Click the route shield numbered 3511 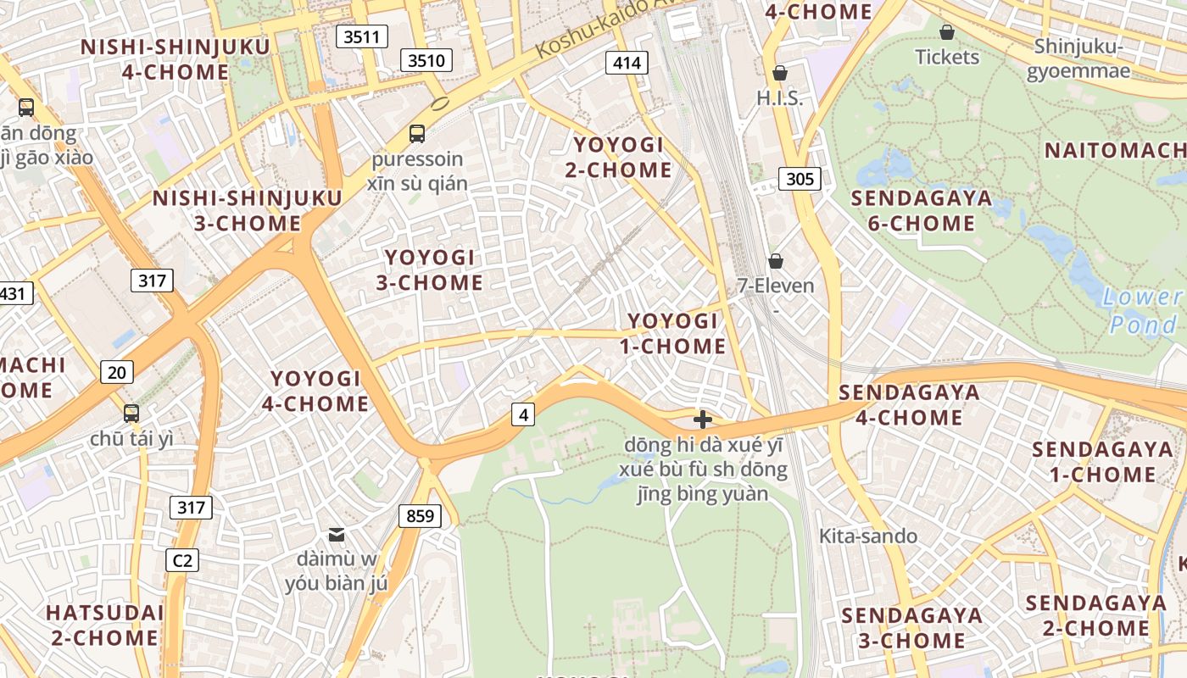pos(362,36)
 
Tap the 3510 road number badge pos(426,60)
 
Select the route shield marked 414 pos(627,62)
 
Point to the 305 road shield pos(800,178)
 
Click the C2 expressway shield pos(182,559)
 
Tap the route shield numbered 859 pos(420,515)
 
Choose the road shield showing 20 pos(117,371)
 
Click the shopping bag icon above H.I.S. pos(779,74)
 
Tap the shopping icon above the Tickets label pos(947,32)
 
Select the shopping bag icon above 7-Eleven pos(775,261)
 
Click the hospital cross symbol pos(702,420)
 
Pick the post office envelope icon pos(337,534)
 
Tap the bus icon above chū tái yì pos(131,414)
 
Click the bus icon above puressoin pos(416,133)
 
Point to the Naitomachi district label pos(1114,151)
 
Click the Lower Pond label pos(1143,310)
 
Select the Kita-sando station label pos(868,536)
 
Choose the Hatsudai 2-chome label pos(104,625)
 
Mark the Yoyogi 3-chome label pos(430,270)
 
